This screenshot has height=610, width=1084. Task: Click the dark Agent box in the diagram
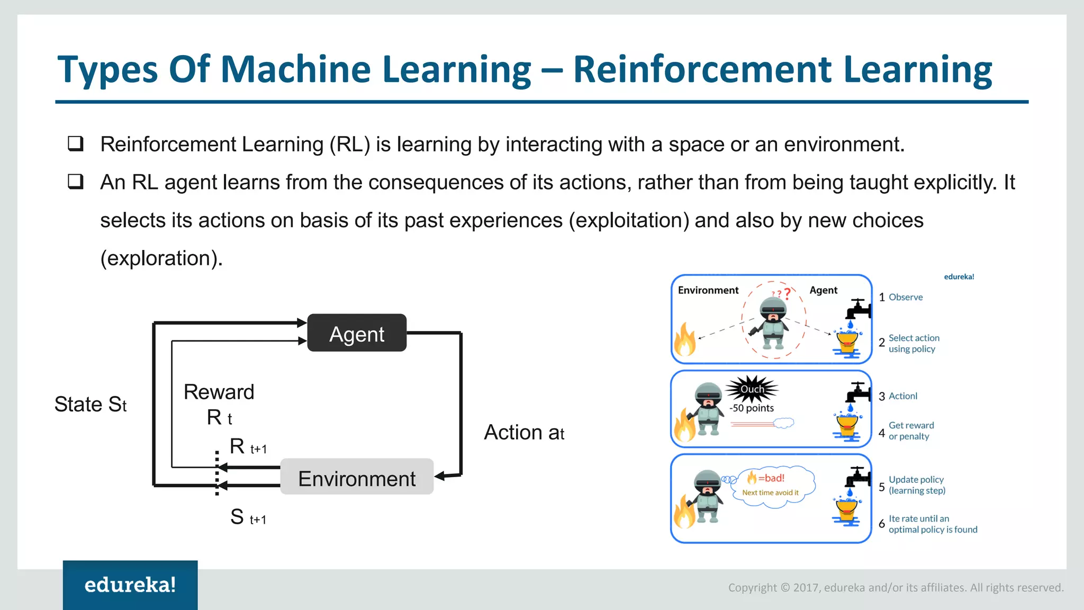point(357,333)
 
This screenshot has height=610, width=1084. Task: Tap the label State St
point(91,405)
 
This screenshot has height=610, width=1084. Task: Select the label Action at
point(523,433)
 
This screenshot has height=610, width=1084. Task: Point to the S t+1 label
point(248,517)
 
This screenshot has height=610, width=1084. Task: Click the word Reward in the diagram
point(219,392)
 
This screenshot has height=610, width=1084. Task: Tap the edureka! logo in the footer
point(130,585)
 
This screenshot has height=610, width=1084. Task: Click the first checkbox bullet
point(76,143)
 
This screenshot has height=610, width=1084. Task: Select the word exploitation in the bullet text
point(629,220)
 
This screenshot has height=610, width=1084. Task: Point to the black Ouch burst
point(752,389)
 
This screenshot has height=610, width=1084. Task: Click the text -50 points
point(752,408)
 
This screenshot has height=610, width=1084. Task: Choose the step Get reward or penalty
point(910,431)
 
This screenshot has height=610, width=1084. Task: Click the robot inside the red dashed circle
point(773,323)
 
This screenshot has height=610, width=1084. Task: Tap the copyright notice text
point(896,588)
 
